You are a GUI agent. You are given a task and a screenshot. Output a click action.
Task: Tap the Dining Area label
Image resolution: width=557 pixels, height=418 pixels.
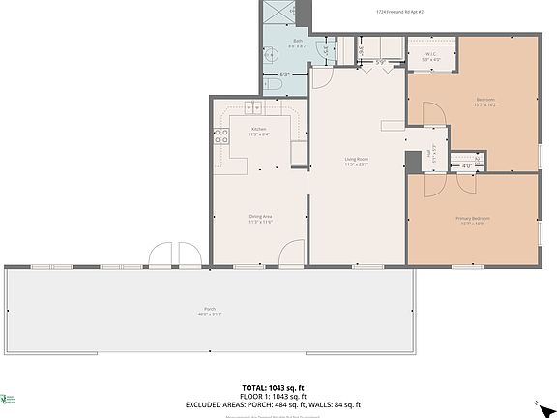261,220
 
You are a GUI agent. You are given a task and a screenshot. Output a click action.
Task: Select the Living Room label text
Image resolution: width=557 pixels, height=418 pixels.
357,162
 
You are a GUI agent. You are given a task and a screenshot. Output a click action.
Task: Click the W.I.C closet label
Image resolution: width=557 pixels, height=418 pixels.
430,57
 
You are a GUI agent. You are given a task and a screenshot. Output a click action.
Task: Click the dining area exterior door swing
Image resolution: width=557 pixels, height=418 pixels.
291,254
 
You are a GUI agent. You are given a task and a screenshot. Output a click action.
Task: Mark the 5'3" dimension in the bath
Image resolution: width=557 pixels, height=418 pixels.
284,75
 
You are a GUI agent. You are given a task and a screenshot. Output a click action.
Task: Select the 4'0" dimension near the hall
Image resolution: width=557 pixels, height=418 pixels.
466,165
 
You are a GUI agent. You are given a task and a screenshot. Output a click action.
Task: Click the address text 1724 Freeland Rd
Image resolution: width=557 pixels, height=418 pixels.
404,13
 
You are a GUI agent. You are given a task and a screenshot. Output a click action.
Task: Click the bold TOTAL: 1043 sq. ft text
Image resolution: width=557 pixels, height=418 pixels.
278,387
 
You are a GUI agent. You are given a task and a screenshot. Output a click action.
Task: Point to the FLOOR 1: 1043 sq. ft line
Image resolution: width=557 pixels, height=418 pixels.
278,396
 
